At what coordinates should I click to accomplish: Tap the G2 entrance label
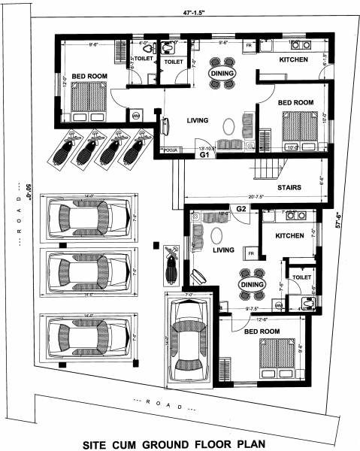point(241,208)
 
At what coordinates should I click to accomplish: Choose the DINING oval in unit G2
point(250,285)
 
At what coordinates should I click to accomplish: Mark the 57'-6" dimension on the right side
point(345,222)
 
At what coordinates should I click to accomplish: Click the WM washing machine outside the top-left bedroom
point(136,116)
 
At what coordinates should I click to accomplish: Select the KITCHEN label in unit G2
point(289,235)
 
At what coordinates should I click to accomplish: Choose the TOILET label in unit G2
point(301,277)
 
